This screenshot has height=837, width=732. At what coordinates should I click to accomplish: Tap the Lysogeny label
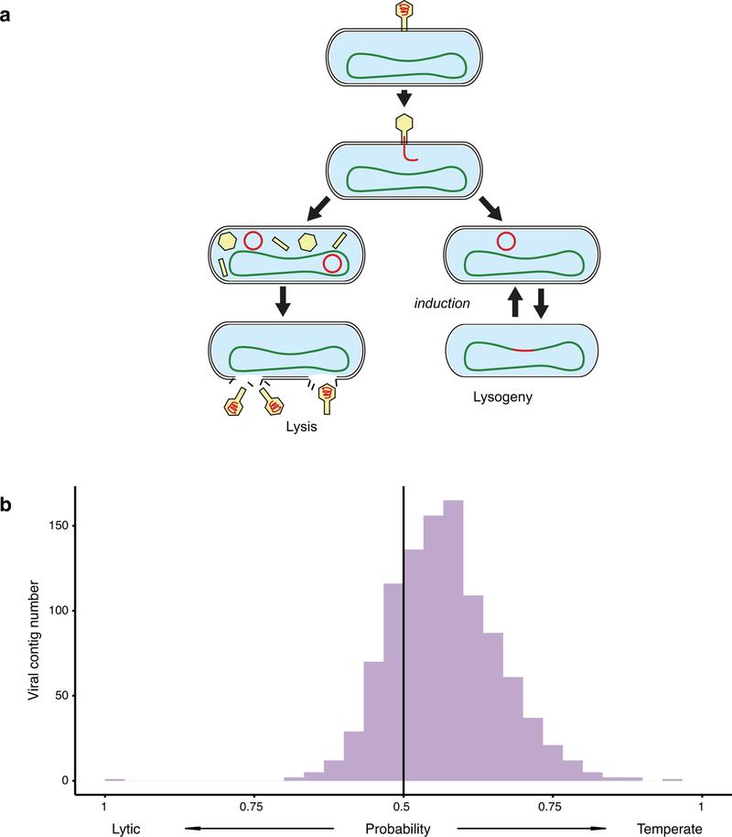[520, 399]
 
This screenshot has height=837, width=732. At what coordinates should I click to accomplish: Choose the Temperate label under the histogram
[672, 829]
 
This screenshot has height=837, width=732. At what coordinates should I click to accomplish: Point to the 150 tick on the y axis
[55, 526]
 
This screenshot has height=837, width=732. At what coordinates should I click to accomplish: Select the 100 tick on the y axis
[55, 611]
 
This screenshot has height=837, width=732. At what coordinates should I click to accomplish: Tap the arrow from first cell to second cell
[403, 96]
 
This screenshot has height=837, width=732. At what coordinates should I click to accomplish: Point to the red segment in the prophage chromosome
[522, 350]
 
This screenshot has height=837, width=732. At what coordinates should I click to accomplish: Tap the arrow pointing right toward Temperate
[531, 829]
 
